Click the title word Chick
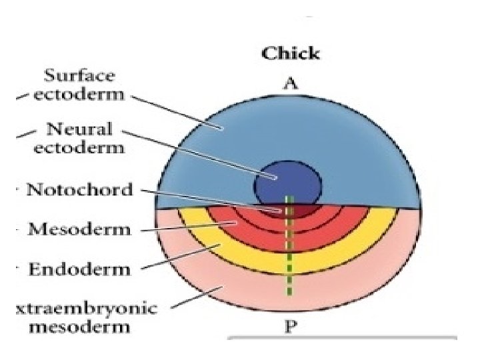290,53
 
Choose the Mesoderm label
79,230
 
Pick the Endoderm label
79,270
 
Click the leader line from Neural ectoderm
200,154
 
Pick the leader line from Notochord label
213,200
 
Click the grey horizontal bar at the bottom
343,337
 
